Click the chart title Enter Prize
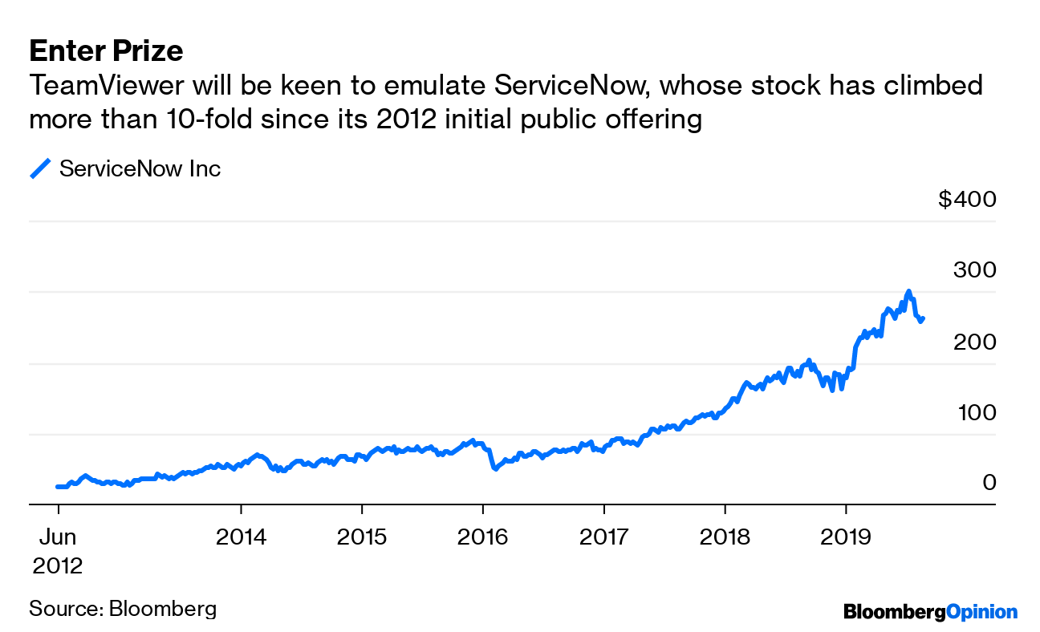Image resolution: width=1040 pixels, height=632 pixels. coord(106,51)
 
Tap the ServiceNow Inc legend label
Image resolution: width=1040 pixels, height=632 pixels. coord(140,168)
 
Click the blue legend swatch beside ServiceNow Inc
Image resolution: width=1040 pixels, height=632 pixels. coord(40,168)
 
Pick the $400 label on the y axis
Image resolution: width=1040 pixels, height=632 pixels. coord(966,198)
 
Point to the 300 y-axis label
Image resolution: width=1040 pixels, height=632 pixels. coord(974,269)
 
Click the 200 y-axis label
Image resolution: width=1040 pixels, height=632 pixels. coord(974,341)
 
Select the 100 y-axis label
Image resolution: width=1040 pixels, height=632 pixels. coord(974,412)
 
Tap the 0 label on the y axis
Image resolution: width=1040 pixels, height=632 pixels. coord(989,482)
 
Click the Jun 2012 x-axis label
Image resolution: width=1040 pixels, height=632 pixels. coord(58,551)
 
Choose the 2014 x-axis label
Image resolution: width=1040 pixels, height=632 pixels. coord(241,537)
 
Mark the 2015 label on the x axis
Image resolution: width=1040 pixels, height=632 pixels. coord(362,537)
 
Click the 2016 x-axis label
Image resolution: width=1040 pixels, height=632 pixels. coord(482,537)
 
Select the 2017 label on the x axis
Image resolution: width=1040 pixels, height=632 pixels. coord(603,537)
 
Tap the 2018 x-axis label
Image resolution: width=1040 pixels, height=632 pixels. coord(725,537)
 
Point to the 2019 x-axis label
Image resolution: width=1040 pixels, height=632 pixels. coord(845,537)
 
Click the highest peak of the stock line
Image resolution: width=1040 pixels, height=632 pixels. coord(908,291)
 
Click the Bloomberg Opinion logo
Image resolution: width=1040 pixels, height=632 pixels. coord(930,612)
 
